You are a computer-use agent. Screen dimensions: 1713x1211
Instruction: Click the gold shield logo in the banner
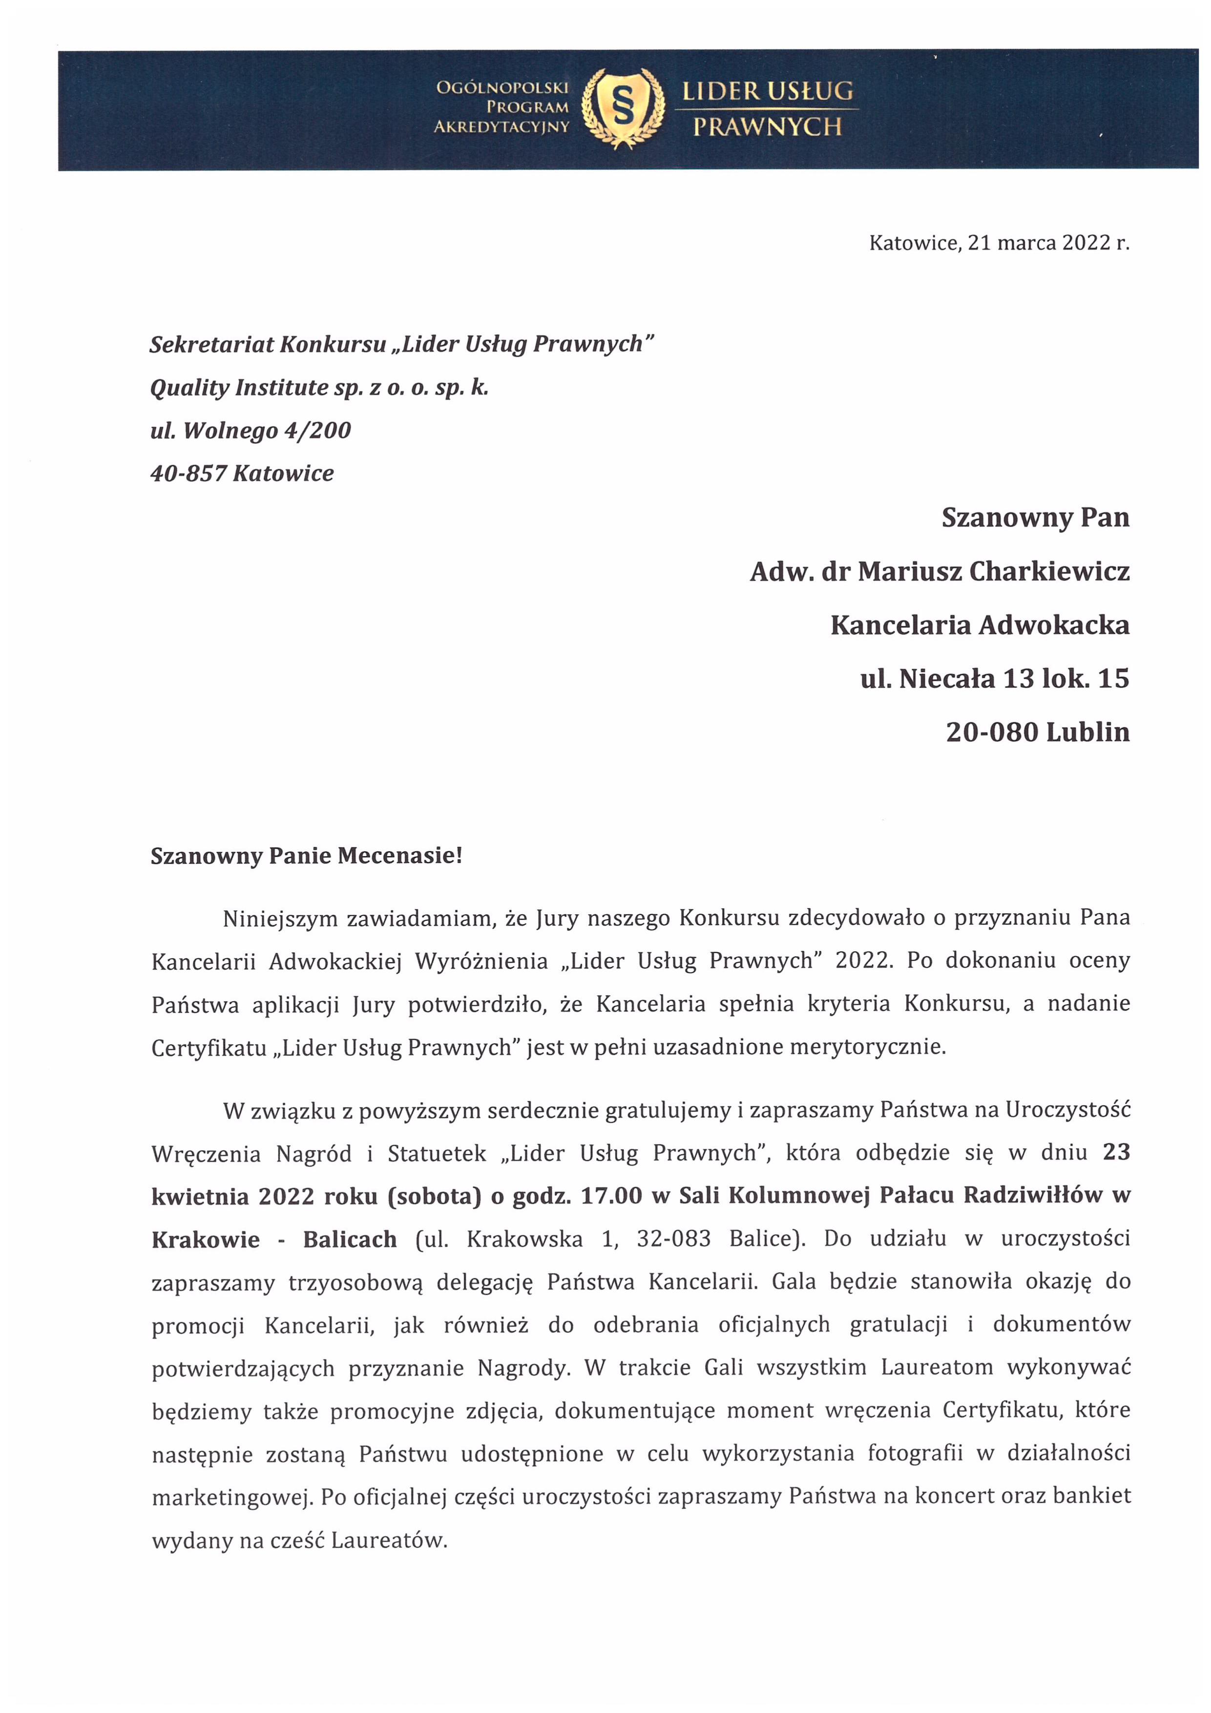click(622, 107)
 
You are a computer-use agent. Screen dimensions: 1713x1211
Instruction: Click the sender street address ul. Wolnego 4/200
click(250, 431)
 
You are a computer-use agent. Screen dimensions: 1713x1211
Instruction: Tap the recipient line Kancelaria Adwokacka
click(979, 625)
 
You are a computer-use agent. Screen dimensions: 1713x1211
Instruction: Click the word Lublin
click(1088, 733)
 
